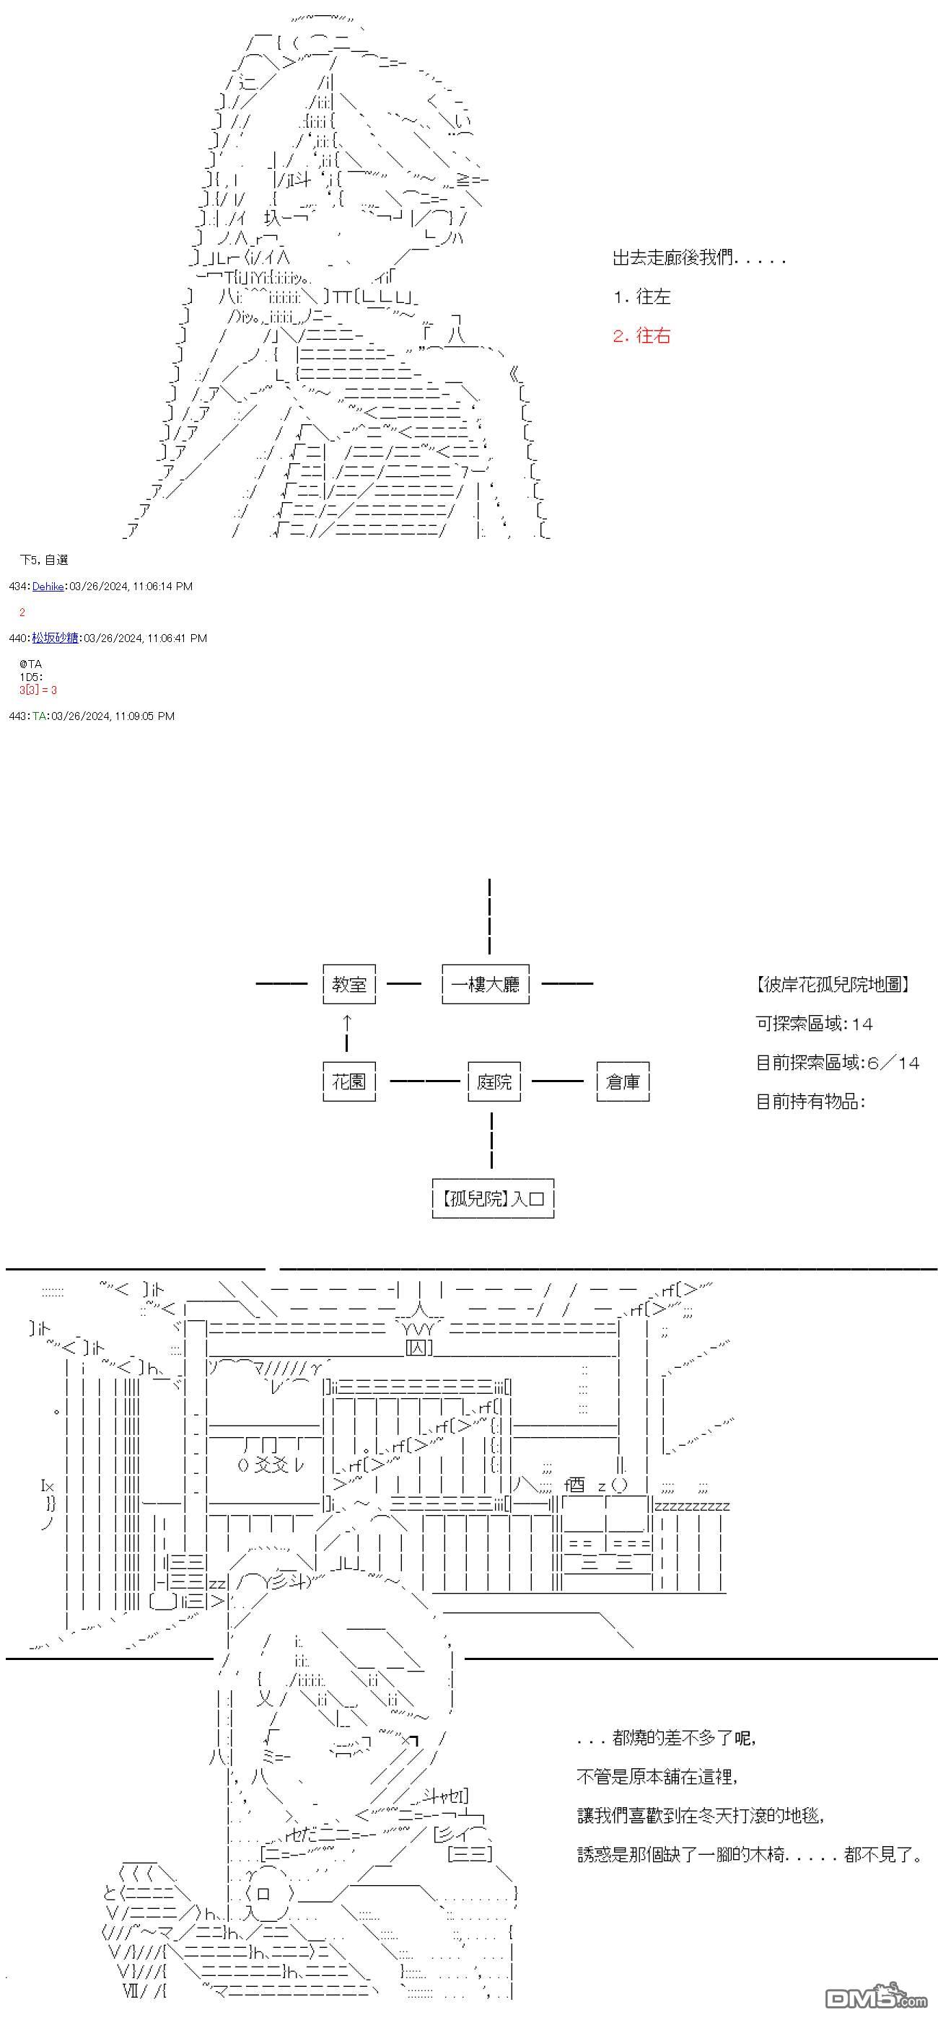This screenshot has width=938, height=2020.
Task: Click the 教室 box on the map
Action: pyautogui.click(x=349, y=984)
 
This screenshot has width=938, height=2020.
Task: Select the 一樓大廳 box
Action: pyautogui.click(x=486, y=984)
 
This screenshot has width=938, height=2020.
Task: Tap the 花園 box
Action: pyautogui.click(x=349, y=1081)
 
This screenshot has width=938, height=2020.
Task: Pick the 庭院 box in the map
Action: pyautogui.click(x=494, y=1081)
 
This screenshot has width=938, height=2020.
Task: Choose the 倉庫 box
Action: pyautogui.click(x=623, y=1081)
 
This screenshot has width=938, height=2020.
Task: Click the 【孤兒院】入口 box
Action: pyautogui.click(x=493, y=1198)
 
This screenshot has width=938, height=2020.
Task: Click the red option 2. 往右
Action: pyautogui.click(x=641, y=335)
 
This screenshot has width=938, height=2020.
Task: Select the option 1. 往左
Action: pyautogui.click(x=641, y=297)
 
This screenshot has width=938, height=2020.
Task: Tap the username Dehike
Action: pyautogui.click(x=48, y=586)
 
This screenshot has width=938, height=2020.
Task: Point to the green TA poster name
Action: pyautogui.click(x=39, y=715)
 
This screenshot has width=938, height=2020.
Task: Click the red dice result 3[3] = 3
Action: pyautogui.click(x=38, y=690)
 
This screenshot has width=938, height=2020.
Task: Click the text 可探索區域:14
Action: pyautogui.click(x=814, y=1023)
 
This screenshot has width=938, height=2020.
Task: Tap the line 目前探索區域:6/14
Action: pyautogui.click(x=837, y=1063)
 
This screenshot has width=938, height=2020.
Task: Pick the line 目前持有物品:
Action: pyautogui.click(x=810, y=1101)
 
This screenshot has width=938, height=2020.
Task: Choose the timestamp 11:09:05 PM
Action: pyautogui.click(x=144, y=715)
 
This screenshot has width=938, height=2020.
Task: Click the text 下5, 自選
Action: pyautogui.click(x=44, y=560)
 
